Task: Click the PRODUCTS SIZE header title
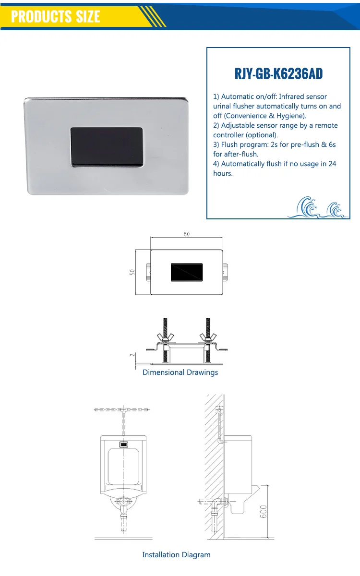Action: tap(55, 16)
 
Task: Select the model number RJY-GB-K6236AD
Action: tap(278, 74)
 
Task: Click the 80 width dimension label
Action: tap(186, 234)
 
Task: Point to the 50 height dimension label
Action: tap(132, 272)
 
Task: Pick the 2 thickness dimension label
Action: tap(132, 355)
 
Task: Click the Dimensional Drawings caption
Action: tap(180, 372)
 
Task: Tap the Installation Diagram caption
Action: tap(176, 554)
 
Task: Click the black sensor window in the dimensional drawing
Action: tap(187, 272)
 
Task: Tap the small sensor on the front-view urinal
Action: tap(123, 444)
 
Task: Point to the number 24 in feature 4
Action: tap(332, 164)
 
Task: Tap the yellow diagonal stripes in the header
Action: tap(153, 16)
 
